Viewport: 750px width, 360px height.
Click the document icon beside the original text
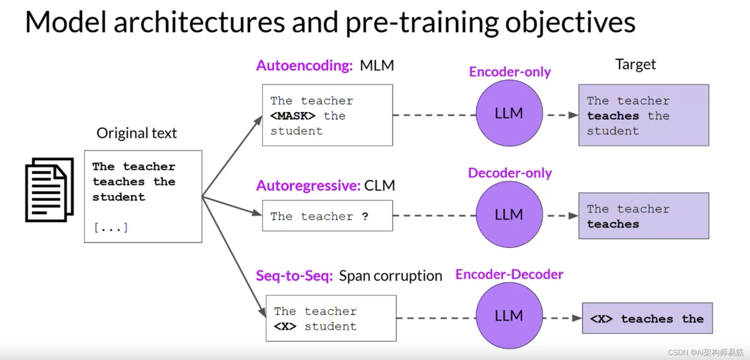(x=49, y=190)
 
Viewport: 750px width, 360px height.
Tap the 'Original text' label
(x=136, y=133)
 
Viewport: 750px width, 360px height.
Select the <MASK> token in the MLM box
(x=293, y=116)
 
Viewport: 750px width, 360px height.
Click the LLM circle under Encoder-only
(x=509, y=113)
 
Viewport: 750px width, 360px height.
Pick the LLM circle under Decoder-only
(x=509, y=214)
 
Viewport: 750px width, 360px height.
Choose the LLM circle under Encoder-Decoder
(x=509, y=316)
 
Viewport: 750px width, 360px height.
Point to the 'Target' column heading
(x=635, y=64)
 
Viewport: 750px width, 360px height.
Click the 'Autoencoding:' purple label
(x=304, y=65)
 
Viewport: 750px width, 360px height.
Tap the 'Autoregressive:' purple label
(x=308, y=186)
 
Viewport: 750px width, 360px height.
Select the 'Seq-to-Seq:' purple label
(x=294, y=276)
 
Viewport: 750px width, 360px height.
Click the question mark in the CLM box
(x=365, y=216)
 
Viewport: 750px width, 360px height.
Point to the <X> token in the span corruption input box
(x=285, y=326)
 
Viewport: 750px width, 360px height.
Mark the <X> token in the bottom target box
(x=601, y=319)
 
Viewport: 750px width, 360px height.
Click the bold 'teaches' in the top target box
(x=613, y=116)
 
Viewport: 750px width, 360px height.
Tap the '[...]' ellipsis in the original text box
(x=111, y=228)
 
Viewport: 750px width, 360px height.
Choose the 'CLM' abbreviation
(x=379, y=186)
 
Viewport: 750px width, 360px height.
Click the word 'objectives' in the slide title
(x=570, y=22)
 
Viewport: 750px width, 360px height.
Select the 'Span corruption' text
(x=390, y=276)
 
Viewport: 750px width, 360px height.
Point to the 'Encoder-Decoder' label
(x=509, y=274)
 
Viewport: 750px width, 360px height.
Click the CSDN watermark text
(x=706, y=352)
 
